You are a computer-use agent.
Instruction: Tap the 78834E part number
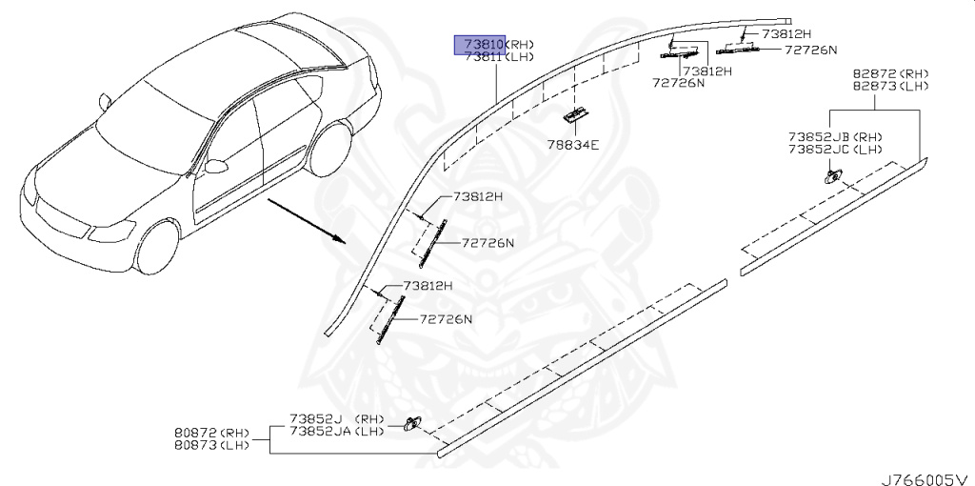click(572, 145)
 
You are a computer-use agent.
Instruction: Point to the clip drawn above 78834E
click(573, 115)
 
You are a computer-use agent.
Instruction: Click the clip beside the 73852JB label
click(832, 174)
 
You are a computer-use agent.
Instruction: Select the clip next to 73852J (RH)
click(411, 423)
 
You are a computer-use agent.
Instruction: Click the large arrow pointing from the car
click(305, 220)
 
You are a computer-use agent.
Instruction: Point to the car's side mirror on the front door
click(217, 166)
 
